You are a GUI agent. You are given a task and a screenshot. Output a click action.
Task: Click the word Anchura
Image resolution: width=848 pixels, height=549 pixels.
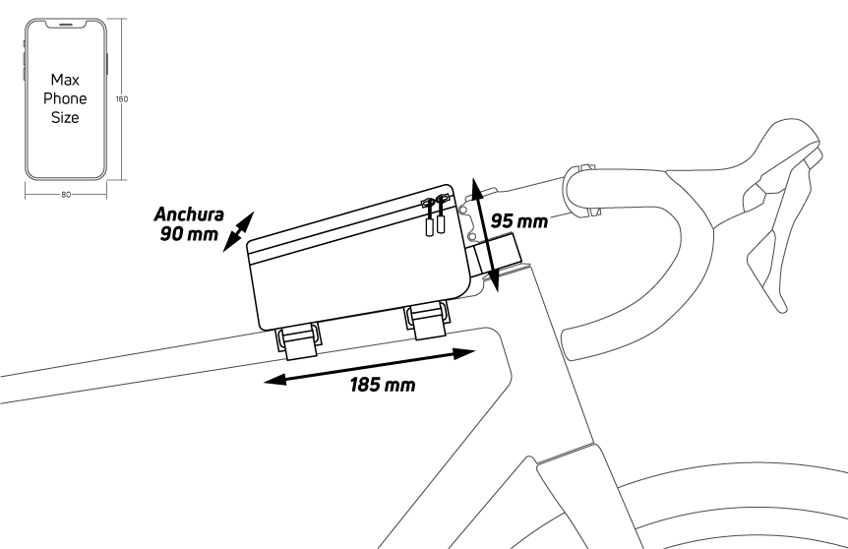click(189, 214)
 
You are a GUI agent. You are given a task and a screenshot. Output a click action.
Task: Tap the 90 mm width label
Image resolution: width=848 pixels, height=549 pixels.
click(189, 233)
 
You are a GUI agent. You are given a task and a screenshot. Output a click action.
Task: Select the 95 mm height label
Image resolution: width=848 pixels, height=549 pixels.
click(518, 221)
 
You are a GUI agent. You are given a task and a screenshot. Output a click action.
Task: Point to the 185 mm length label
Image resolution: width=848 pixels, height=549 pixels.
click(383, 385)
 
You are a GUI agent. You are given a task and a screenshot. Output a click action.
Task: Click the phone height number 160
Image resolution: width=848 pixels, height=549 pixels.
click(122, 99)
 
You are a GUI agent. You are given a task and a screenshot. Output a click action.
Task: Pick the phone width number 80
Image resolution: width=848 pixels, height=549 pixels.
click(66, 195)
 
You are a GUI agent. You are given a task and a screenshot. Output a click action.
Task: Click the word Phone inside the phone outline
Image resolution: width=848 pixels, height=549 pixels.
click(65, 98)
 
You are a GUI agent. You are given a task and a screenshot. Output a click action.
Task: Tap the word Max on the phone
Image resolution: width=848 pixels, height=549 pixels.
click(65, 80)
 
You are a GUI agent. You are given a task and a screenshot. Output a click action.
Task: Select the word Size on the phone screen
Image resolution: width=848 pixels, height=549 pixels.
click(65, 117)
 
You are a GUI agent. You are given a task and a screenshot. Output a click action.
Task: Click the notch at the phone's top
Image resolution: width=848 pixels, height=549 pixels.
click(66, 25)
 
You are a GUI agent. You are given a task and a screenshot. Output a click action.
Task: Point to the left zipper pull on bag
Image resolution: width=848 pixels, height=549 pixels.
click(430, 217)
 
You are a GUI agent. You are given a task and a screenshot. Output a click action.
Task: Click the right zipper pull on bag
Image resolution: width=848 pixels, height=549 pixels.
click(441, 213)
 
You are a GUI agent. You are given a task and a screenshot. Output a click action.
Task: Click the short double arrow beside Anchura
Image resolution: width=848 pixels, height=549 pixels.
click(238, 232)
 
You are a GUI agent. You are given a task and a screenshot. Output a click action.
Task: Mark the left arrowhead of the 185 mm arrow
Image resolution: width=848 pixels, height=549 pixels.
click(274, 380)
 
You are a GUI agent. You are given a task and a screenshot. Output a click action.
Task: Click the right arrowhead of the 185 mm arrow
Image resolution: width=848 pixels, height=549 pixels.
click(464, 354)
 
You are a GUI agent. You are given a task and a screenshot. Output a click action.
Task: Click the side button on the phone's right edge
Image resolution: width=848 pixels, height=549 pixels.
click(107, 64)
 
